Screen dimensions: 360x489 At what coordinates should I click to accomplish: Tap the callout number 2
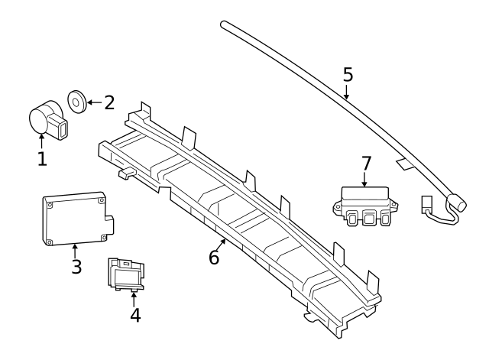pos(109,102)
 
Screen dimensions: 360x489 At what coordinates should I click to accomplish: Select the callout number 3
pos(76,267)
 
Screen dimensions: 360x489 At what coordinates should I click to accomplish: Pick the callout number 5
pos(348,75)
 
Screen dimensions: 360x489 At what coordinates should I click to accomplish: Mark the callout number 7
pos(366,164)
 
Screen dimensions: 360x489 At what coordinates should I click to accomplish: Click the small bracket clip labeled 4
pos(126,274)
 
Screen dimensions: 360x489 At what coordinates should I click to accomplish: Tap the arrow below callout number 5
pos(347,92)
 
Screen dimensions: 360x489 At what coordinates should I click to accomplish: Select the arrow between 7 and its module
pos(365,180)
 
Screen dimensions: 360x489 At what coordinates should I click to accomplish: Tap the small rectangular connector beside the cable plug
pos(426,204)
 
